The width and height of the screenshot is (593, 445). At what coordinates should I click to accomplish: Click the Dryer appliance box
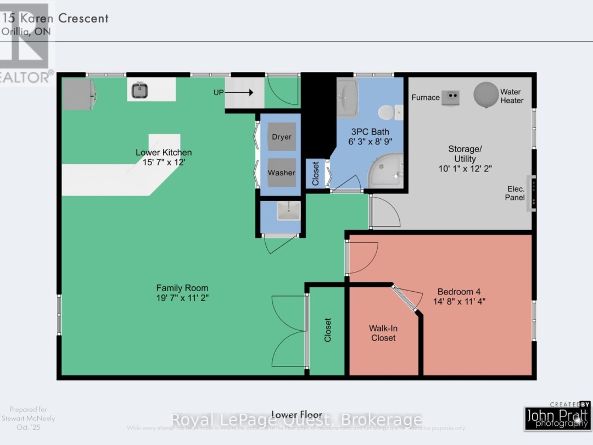tap(281, 137)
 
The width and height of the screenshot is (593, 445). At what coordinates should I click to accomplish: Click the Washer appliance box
tap(281, 173)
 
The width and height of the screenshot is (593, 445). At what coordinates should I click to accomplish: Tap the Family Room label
tap(182, 288)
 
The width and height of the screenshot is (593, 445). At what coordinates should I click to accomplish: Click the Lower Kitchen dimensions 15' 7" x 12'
tap(164, 163)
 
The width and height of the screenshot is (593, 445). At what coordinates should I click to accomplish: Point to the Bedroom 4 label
tap(459, 292)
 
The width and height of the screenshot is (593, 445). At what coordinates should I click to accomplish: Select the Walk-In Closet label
tap(383, 333)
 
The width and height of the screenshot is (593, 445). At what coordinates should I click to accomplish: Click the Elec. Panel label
tap(515, 193)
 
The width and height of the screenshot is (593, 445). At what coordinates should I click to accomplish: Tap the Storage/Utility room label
tap(465, 154)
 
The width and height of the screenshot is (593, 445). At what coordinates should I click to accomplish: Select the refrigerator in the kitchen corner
tap(79, 94)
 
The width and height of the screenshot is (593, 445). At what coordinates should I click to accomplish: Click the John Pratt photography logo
tap(557, 417)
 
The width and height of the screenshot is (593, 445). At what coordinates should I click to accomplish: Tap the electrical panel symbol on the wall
tap(531, 193)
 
